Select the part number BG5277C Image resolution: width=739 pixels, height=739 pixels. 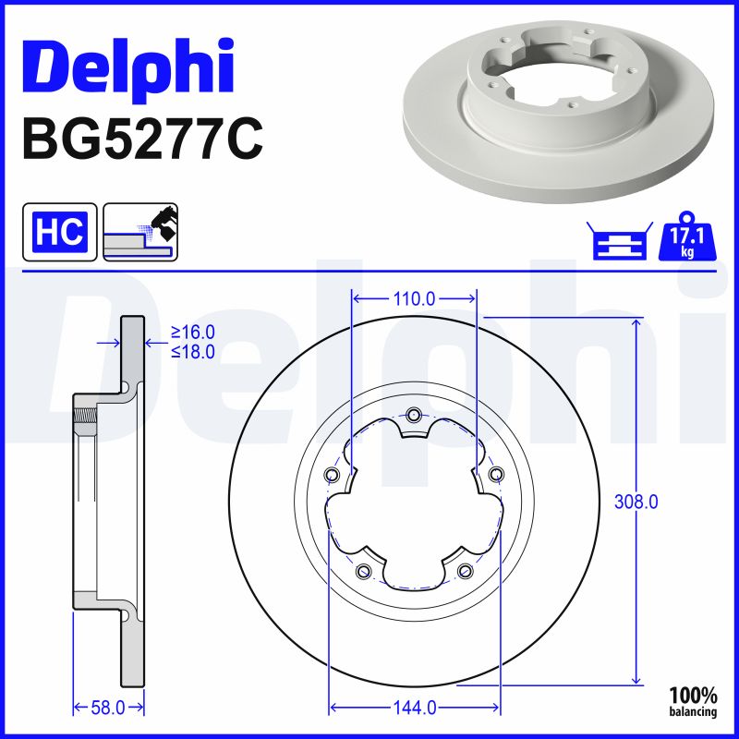coord(141,139)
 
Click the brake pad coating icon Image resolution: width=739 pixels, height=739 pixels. coord(140,232)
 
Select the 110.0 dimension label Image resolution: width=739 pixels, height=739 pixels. coord(414,298)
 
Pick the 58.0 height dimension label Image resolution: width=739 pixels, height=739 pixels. coord(109,708)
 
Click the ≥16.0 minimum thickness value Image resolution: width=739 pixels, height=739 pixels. coord(192,333)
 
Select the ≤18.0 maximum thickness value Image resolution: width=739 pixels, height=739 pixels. coord(192,351)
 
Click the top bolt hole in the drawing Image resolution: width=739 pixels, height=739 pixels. coord(414,414)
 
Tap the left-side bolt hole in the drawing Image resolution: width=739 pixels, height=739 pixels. coord(332,475)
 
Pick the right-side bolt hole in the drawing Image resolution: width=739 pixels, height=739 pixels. coord(497,475)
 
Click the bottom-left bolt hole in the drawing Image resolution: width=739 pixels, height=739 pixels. coord(363,571)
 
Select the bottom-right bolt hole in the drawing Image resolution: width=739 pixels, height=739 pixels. coord(465,571)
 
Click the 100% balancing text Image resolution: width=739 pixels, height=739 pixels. coord(692,701)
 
